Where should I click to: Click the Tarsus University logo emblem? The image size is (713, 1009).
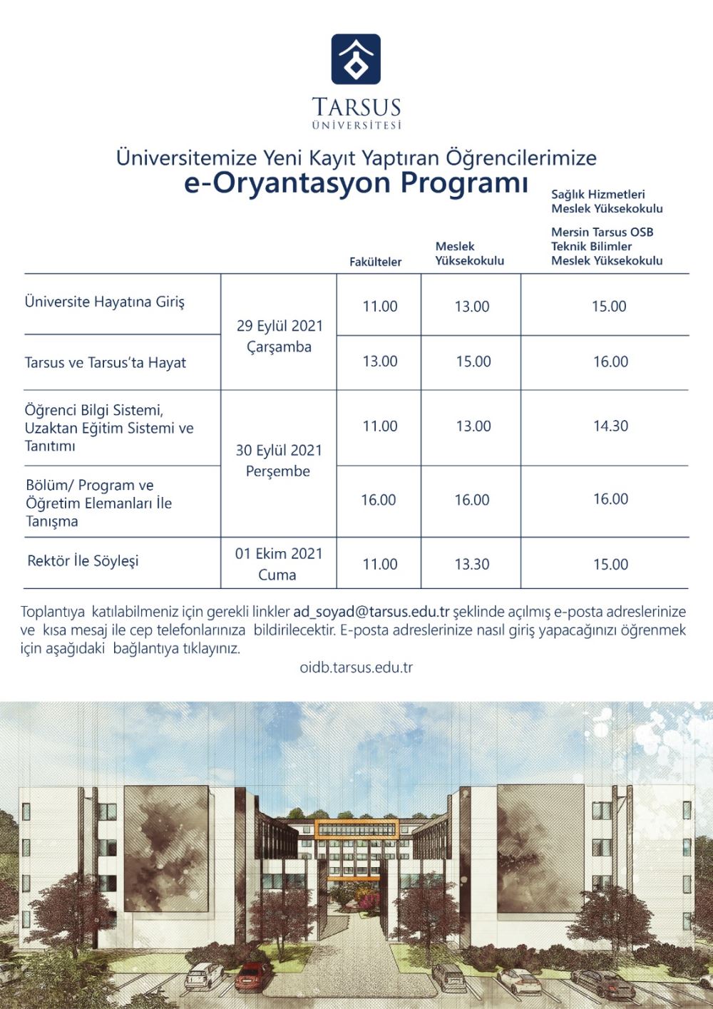(x=356, y=59)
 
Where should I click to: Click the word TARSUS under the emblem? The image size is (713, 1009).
(x=356, y=108)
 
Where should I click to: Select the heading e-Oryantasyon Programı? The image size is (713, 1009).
(x=356, y=183)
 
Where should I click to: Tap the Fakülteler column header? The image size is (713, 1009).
(x=375, y=262)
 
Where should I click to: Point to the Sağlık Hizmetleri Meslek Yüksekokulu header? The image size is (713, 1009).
(x=607, y=201)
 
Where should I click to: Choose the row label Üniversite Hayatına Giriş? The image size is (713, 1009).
(x=105, y=302)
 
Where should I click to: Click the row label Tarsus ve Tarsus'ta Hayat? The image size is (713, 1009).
(x=106, y=362)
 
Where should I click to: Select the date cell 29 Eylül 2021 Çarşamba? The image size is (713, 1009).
(x=279, y=336)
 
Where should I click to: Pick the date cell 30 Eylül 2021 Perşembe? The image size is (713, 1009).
(x=279, y=461)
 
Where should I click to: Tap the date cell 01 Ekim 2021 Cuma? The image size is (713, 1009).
(x=279, y=563)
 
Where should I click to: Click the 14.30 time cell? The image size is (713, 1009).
(x=610, y=426)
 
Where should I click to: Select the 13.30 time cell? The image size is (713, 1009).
(x=472, y=564)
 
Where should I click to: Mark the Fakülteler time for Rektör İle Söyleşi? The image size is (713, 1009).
(x=380, y=564)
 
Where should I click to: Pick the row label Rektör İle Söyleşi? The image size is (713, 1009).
(x=83, y=561)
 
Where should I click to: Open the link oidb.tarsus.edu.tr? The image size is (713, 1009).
(x=356, y=668)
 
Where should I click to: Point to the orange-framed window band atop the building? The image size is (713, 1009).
(x=356, y=829)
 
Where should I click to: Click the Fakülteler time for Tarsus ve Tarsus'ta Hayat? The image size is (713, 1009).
(x=380, y=362)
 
